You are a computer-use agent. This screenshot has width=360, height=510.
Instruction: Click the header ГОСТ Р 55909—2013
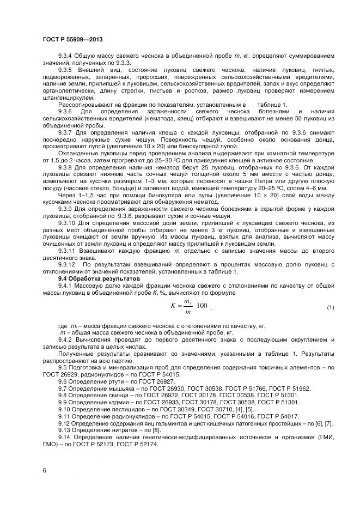coord(72,40)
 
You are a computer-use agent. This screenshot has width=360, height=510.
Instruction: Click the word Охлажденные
coord(77,154)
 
